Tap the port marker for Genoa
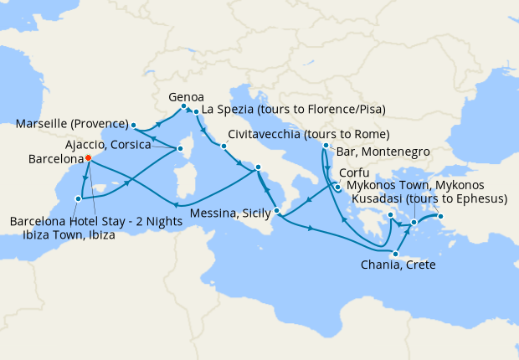pos(183,106)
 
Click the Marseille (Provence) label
pos(71,125)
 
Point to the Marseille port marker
pos(133,126)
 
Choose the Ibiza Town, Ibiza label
pos(64,235)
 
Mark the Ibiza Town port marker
pos(78,198)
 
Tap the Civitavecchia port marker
pos(224,147)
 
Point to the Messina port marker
pos(275,198)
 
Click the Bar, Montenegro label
pos(382,152)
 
